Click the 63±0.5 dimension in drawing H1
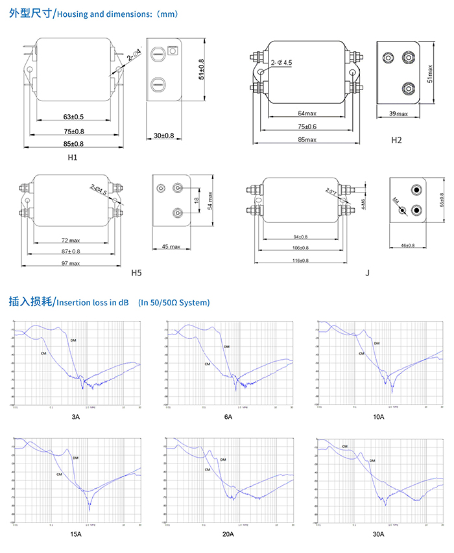[73, 117]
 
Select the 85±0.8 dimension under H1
[73, 143]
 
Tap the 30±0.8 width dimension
[163, 135]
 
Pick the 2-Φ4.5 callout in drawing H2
[281, 62]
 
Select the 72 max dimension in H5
[71, 241]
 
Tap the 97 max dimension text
[71, 263]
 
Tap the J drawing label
[367, 273]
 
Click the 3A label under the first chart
[76, 417]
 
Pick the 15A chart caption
[76, 534]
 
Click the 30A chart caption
[378, 534]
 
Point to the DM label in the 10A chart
[377, 343]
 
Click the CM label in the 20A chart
[207, 469]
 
